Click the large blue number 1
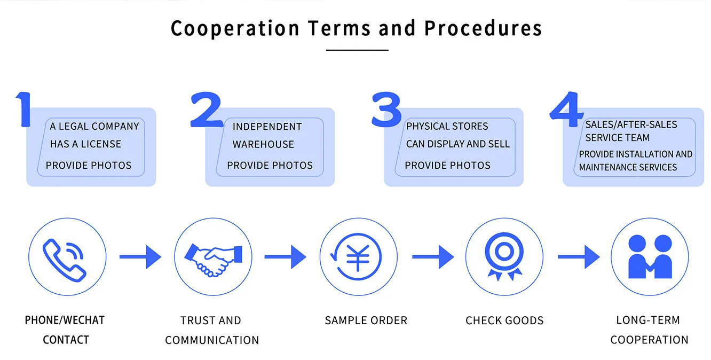[x=24, y=109]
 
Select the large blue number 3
[x=386, y=109]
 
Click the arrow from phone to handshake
[x=140, y=257]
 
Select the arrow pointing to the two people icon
[x=579, y=257]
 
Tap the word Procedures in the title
[x=483, y=28]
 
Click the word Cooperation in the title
[x=235, y=28]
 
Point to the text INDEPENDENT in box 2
[x=267, y=127]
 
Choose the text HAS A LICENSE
[x=85, y=144]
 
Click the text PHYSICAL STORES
[x=447, y=127]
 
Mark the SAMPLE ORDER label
[x=366, y=320]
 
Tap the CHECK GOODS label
[x=504, y=320]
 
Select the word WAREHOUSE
[x=263, y=144]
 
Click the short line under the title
[x=357, y=50]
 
